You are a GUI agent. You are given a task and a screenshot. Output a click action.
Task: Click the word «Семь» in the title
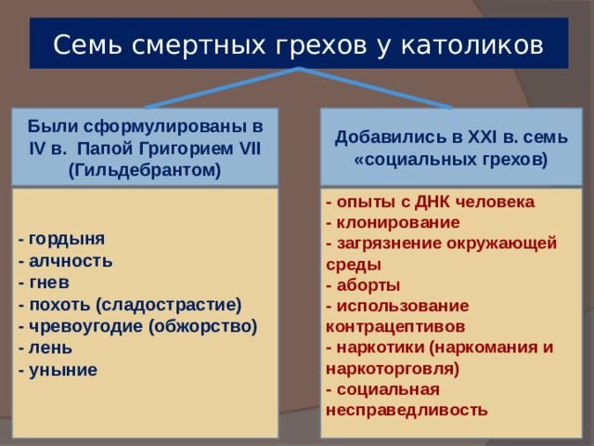pyautogui.click(x=88, y=45)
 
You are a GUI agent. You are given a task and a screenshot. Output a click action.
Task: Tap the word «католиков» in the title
pyautogui.click(x=472, y=45)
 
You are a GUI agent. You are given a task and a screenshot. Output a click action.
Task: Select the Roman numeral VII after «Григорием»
pyautogui.click(x=250, y=149)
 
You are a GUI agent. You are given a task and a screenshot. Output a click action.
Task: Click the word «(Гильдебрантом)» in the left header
pyautogui.click(x=145, y=170)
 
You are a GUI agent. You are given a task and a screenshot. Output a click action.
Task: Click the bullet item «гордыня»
pyautogui.click(x=67, y=240)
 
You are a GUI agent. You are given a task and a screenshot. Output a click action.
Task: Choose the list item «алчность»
pyautogui.click(x=71, y=261)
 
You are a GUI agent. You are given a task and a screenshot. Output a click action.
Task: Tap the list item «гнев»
pyautogui.click(x=49, y=282)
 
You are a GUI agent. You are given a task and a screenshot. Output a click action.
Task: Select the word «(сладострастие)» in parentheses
pyautogui.click(x=169, y=306)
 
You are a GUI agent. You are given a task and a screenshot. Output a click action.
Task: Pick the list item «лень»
pyautogui.click(x=50, y=348)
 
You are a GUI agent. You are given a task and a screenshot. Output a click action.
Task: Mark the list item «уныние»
pyautogui.click(x=63, y=371)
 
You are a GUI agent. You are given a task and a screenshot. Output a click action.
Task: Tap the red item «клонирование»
pyautogui.click(x=398, y=223)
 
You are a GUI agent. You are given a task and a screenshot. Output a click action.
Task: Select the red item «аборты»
pyautogui.click(x=368, y=285)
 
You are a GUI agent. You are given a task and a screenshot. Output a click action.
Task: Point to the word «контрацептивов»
pyautogui.click(x=395, y=327)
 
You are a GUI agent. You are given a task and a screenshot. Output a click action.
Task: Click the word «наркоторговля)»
pyautogui.click(x=393, y=369)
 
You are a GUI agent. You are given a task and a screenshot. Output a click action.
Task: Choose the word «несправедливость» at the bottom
pyautogui.click(x=407, y=411)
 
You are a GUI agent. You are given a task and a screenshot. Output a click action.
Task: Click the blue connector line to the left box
pyautogui.click(x=223, y=88)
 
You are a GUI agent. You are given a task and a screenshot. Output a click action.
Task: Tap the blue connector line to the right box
pyautogui.click(x=375, y=88)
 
